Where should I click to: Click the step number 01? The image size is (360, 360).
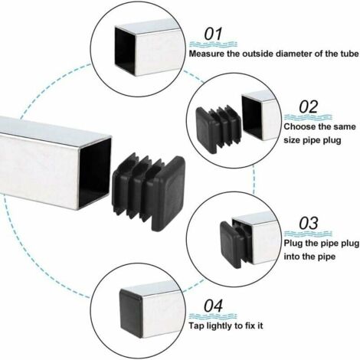211,34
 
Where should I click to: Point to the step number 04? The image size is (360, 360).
214,306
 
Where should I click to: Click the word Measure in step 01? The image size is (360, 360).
208,55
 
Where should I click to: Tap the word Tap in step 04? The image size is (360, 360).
197,326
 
